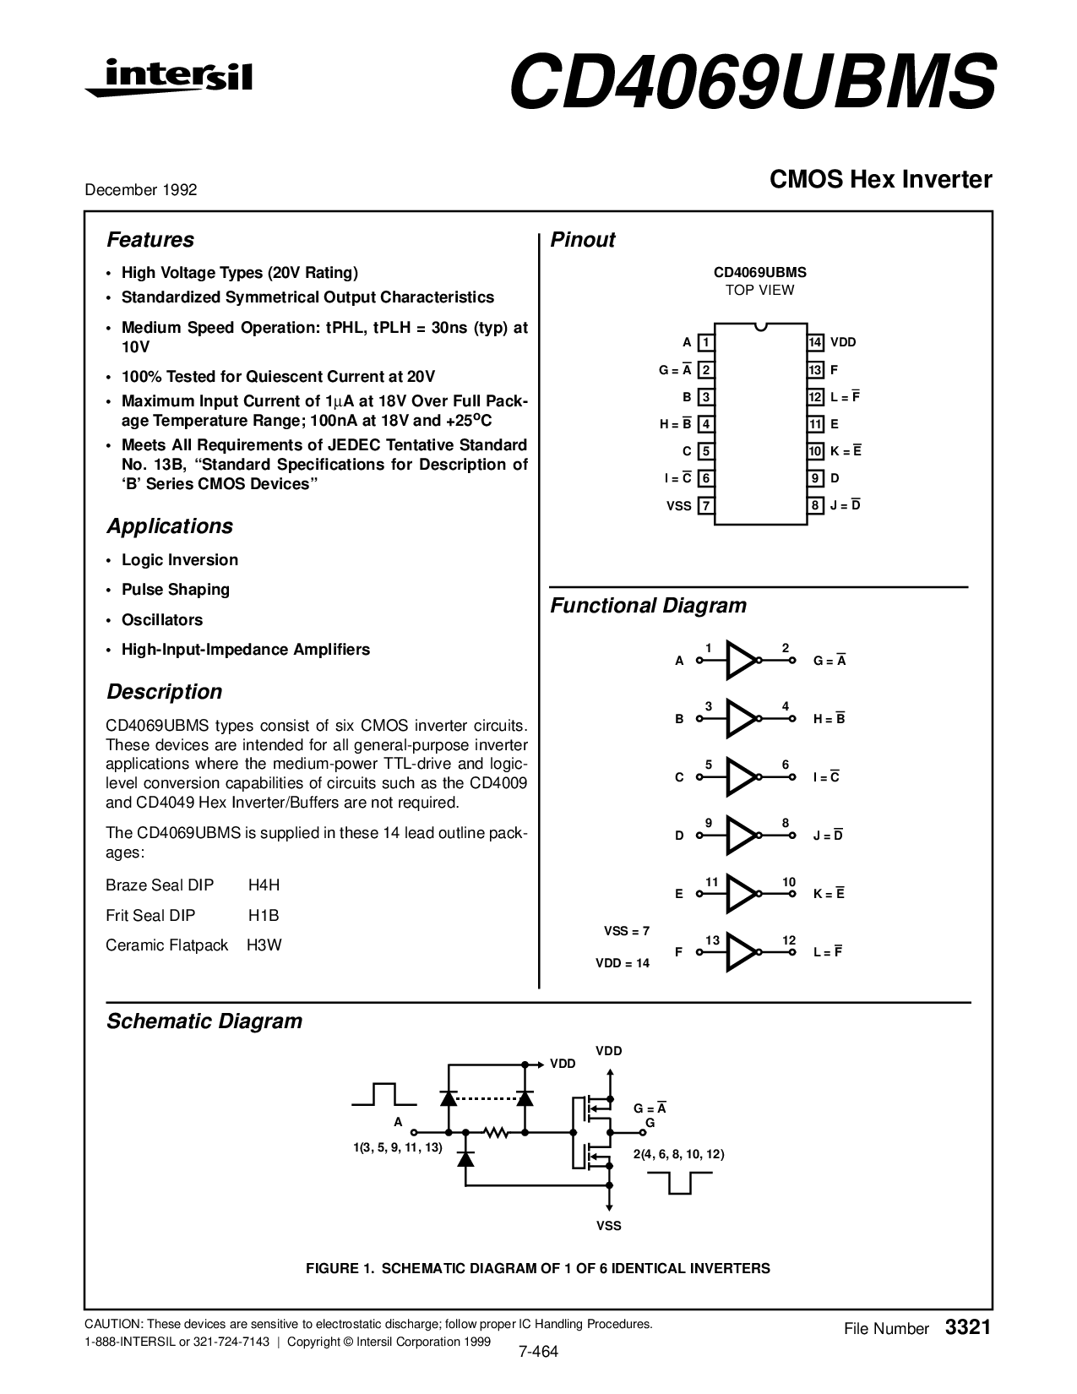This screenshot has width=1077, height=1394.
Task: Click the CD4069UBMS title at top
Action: point(752,83)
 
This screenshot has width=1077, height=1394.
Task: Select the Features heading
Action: point(150,240)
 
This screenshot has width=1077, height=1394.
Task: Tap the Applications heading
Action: point(170,526)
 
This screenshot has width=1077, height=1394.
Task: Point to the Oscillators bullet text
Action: point(162,620)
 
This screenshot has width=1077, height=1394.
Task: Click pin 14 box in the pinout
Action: point(815,342)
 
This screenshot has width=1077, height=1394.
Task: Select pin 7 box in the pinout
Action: point(706,506)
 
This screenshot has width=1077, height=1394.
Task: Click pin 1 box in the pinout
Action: point(706,342)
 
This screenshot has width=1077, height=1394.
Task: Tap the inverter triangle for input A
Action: point(741,661)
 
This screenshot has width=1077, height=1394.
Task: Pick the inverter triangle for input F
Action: point(741,952)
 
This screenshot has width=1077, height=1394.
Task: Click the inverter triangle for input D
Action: point(741,836)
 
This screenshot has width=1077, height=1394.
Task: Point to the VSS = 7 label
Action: point(627,931)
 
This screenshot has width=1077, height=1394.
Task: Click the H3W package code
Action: point(264,945)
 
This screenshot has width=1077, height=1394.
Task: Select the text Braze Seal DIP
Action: point(160,885)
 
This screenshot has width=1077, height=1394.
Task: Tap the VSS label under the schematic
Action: point(608,1226)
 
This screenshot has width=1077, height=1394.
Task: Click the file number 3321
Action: point(968,1327)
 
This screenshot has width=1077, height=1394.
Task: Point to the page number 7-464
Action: point(539,1351)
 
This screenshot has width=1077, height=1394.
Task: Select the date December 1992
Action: point(141,190)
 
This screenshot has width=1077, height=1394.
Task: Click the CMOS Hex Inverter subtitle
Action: point(880,179)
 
